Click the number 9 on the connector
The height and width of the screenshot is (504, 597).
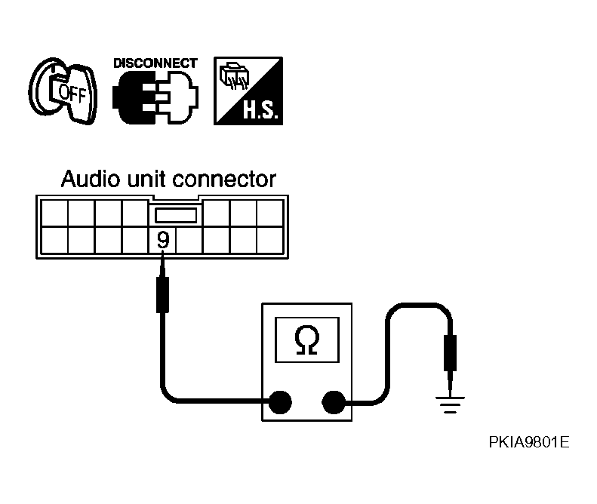pyautogui.click(x=163, y=240)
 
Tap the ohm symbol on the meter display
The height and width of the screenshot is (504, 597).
pyautogui.click(x=307, y=340)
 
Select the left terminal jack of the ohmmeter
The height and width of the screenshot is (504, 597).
pyautogui.click(x=280, y=402)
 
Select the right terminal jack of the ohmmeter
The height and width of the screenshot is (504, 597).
pyautogui.click(x=334, y=402)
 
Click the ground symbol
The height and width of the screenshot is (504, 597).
pyautogui.click(x=451, y=404)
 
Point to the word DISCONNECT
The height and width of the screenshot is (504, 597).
pyautogui.click(x=155, y=63)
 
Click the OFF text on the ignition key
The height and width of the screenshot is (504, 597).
pyautogui.click(x=72, y=93)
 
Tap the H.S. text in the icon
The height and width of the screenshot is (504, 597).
pyautogui.click(x=261, y=111)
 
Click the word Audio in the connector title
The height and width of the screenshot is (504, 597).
pyautogui.click(x=91, y=179)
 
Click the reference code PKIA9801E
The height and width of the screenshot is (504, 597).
pyautogui.click(x=529, y=442)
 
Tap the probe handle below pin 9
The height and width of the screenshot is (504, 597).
pyautogui.click(x=162, y=295)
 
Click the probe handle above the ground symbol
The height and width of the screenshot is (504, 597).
pyautogui.click(x=451, y=353)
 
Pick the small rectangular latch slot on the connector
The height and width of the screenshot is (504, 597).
pyautogui.click(x=176, y=215)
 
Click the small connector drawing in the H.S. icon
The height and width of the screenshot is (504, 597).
pyautogui.click(x=234, y=76)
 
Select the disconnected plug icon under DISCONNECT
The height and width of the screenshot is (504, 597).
pyautogui.click(x=155, y=97)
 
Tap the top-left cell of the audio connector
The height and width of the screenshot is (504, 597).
pyautogui.click(x=54, y=214)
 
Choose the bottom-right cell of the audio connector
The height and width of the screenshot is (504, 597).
pyautogui.click(x=270, y=240)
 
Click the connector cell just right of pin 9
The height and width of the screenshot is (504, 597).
pyautogui.click(x=189, y=240)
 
